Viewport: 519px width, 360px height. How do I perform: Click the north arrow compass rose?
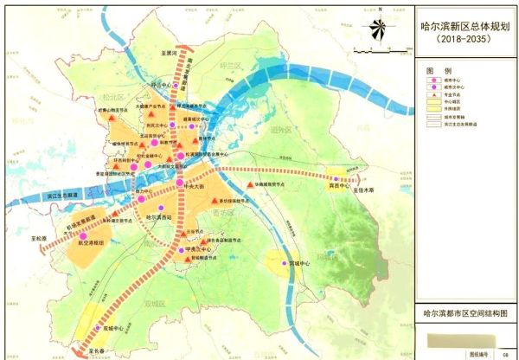click(x=375, y=31)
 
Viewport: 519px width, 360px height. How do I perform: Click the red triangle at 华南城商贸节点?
click(x=249, y=185)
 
